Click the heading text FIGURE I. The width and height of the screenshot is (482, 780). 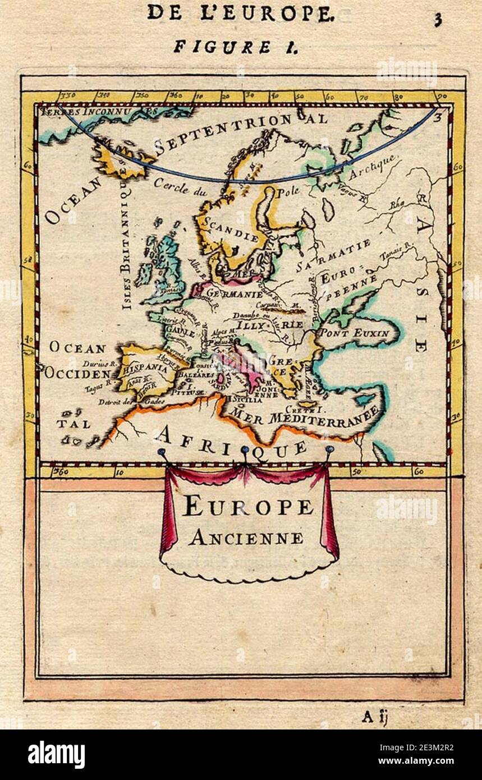235,47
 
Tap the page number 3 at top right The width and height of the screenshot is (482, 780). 437,21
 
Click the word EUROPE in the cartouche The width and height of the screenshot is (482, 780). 248,507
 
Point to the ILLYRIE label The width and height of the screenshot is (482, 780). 269,324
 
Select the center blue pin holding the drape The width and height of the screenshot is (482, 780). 245,450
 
